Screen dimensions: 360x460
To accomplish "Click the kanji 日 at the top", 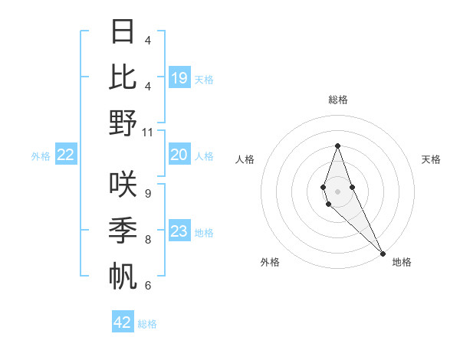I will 123,33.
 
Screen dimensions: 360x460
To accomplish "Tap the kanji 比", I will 123,77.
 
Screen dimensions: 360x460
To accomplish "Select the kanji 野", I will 123,123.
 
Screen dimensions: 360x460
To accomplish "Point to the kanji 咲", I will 123,184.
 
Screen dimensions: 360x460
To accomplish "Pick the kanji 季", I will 123,229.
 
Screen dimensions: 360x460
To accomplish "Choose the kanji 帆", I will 123,275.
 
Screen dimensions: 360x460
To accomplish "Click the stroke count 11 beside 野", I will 148,131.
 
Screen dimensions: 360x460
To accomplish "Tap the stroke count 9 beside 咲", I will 147,193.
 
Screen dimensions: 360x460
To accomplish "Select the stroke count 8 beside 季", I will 147,239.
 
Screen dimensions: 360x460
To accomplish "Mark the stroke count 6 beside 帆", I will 147,285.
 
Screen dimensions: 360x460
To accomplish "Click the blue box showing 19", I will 179,78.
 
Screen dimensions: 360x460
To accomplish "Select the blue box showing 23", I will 179,231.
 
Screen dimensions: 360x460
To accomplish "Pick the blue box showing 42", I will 123,322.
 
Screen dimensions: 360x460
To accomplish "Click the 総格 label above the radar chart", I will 337,100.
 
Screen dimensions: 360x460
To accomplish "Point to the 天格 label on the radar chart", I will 431,159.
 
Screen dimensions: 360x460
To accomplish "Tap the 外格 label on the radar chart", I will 270,262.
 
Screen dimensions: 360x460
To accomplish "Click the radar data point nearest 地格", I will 382,253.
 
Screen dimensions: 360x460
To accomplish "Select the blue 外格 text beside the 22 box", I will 41,156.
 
